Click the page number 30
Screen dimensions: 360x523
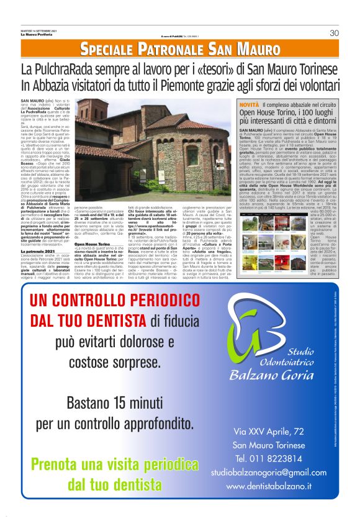334,33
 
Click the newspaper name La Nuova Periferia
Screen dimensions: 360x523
35,34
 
